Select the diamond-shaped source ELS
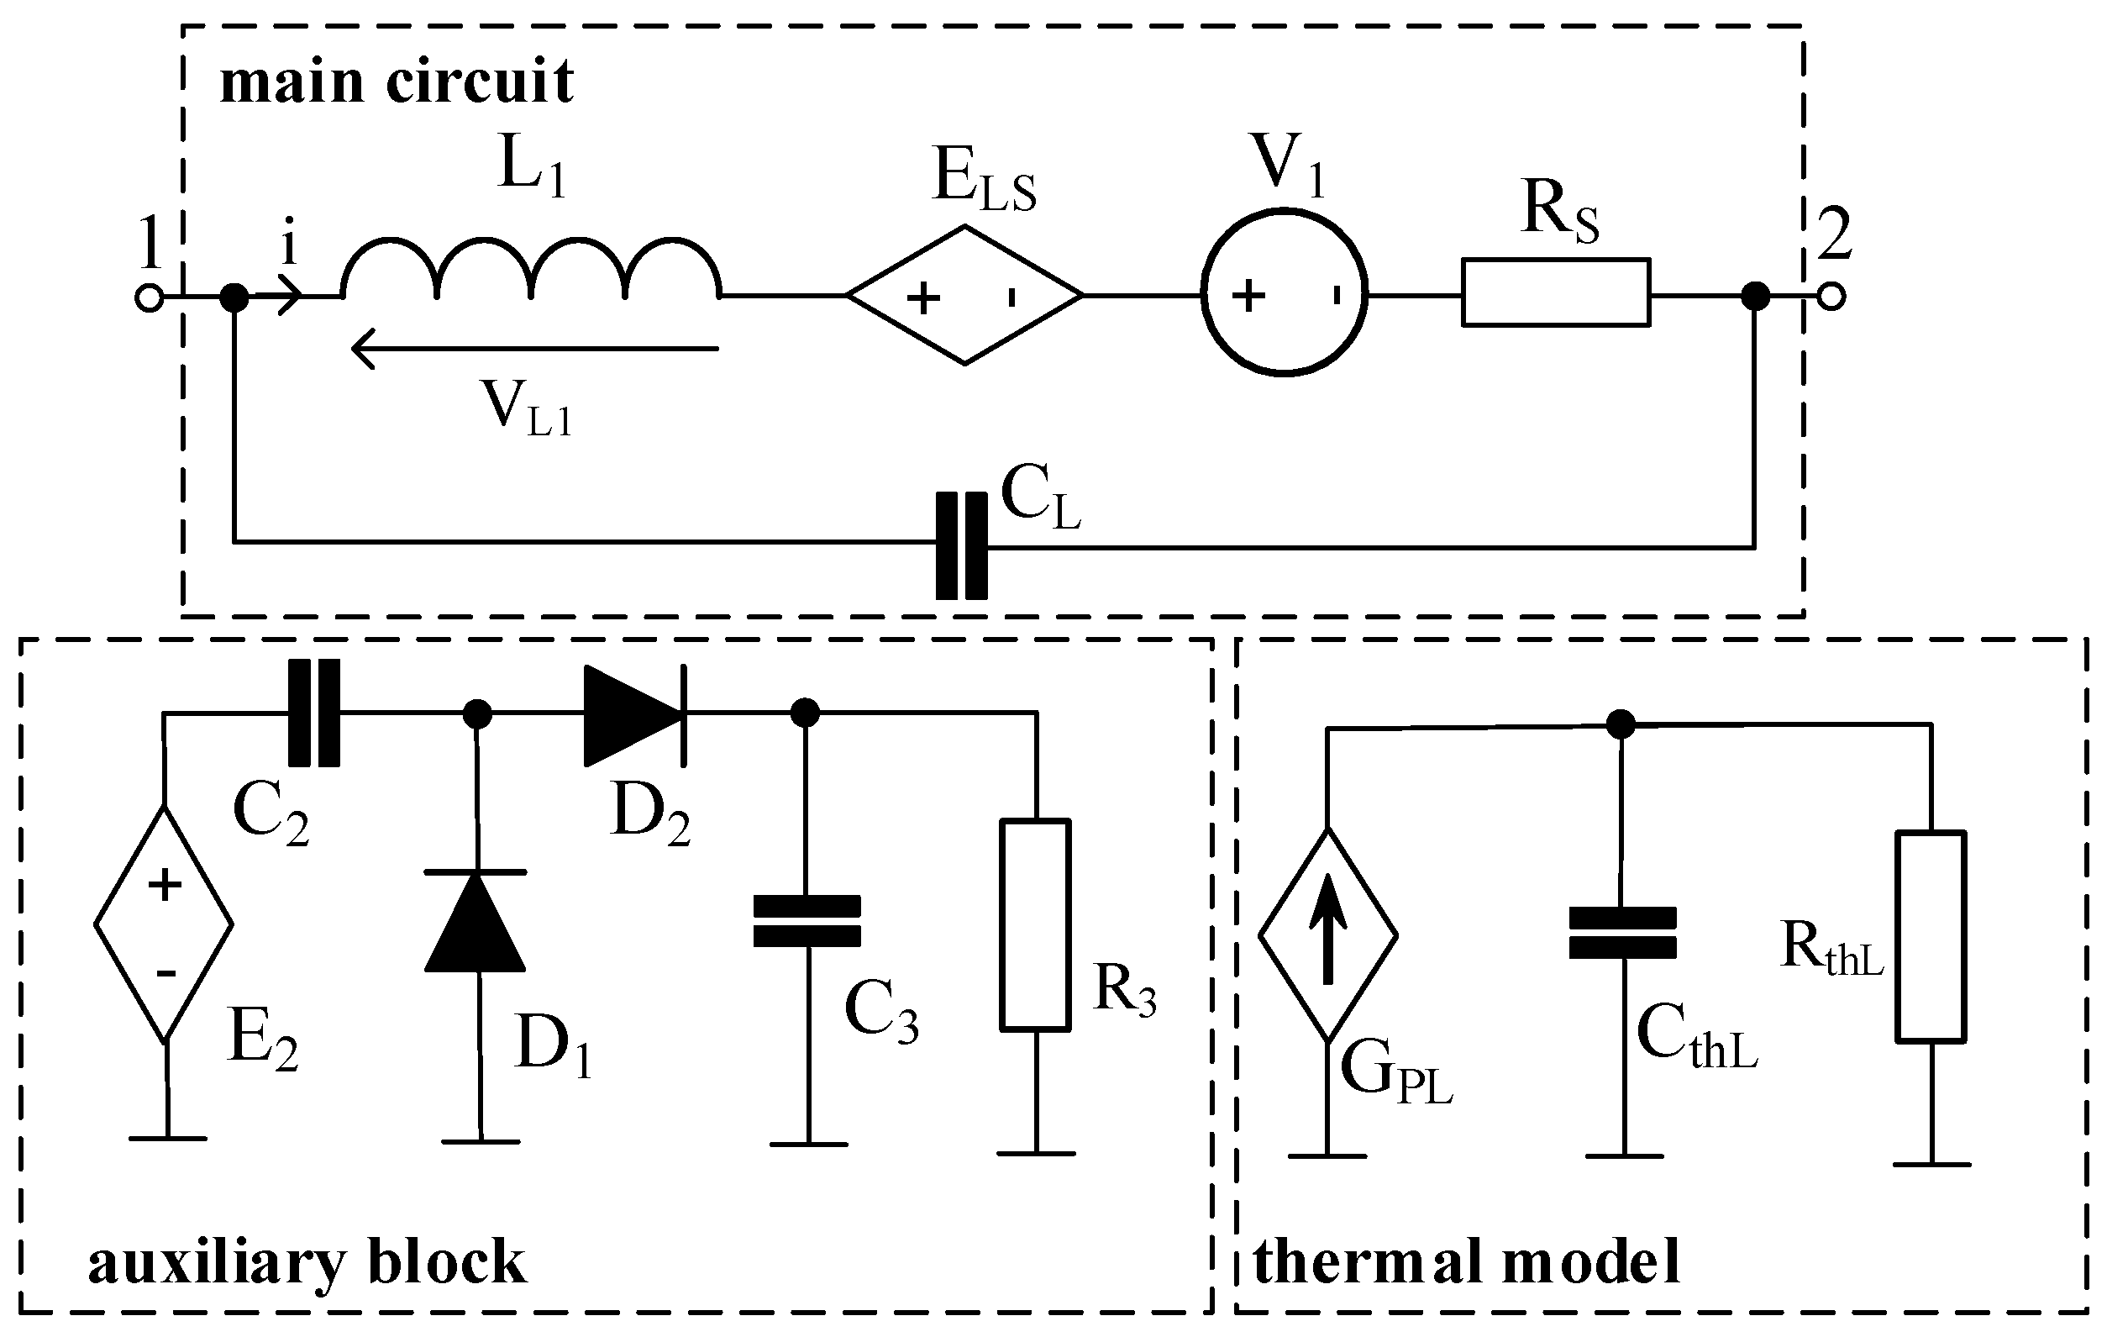tap(964, 296)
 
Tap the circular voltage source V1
tap(1284, 293)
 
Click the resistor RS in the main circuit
tap(1555, 293)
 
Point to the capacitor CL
tap(962, 546)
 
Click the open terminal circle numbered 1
tap(149, 298)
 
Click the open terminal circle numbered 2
tap(1831, 297)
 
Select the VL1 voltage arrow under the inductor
tap(533, 349)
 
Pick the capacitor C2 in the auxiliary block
tap(313, 713)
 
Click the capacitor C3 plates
tap(807, 920)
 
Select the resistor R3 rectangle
tap(1036, 925)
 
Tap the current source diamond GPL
tap(1327, 935)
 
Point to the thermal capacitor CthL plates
tap(1622, 934)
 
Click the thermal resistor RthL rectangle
tap(1931, 937)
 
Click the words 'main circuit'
tap(397, 82)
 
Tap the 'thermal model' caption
tap(1467, 1262)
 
